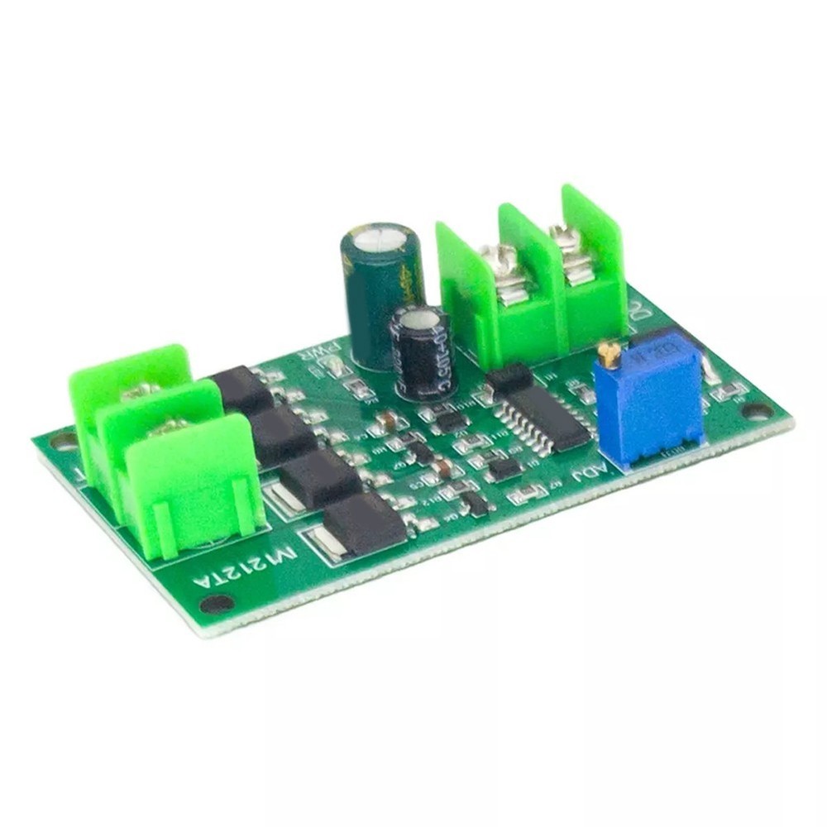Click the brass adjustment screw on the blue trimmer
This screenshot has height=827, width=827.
pyautogui.click(x=609, y=356)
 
